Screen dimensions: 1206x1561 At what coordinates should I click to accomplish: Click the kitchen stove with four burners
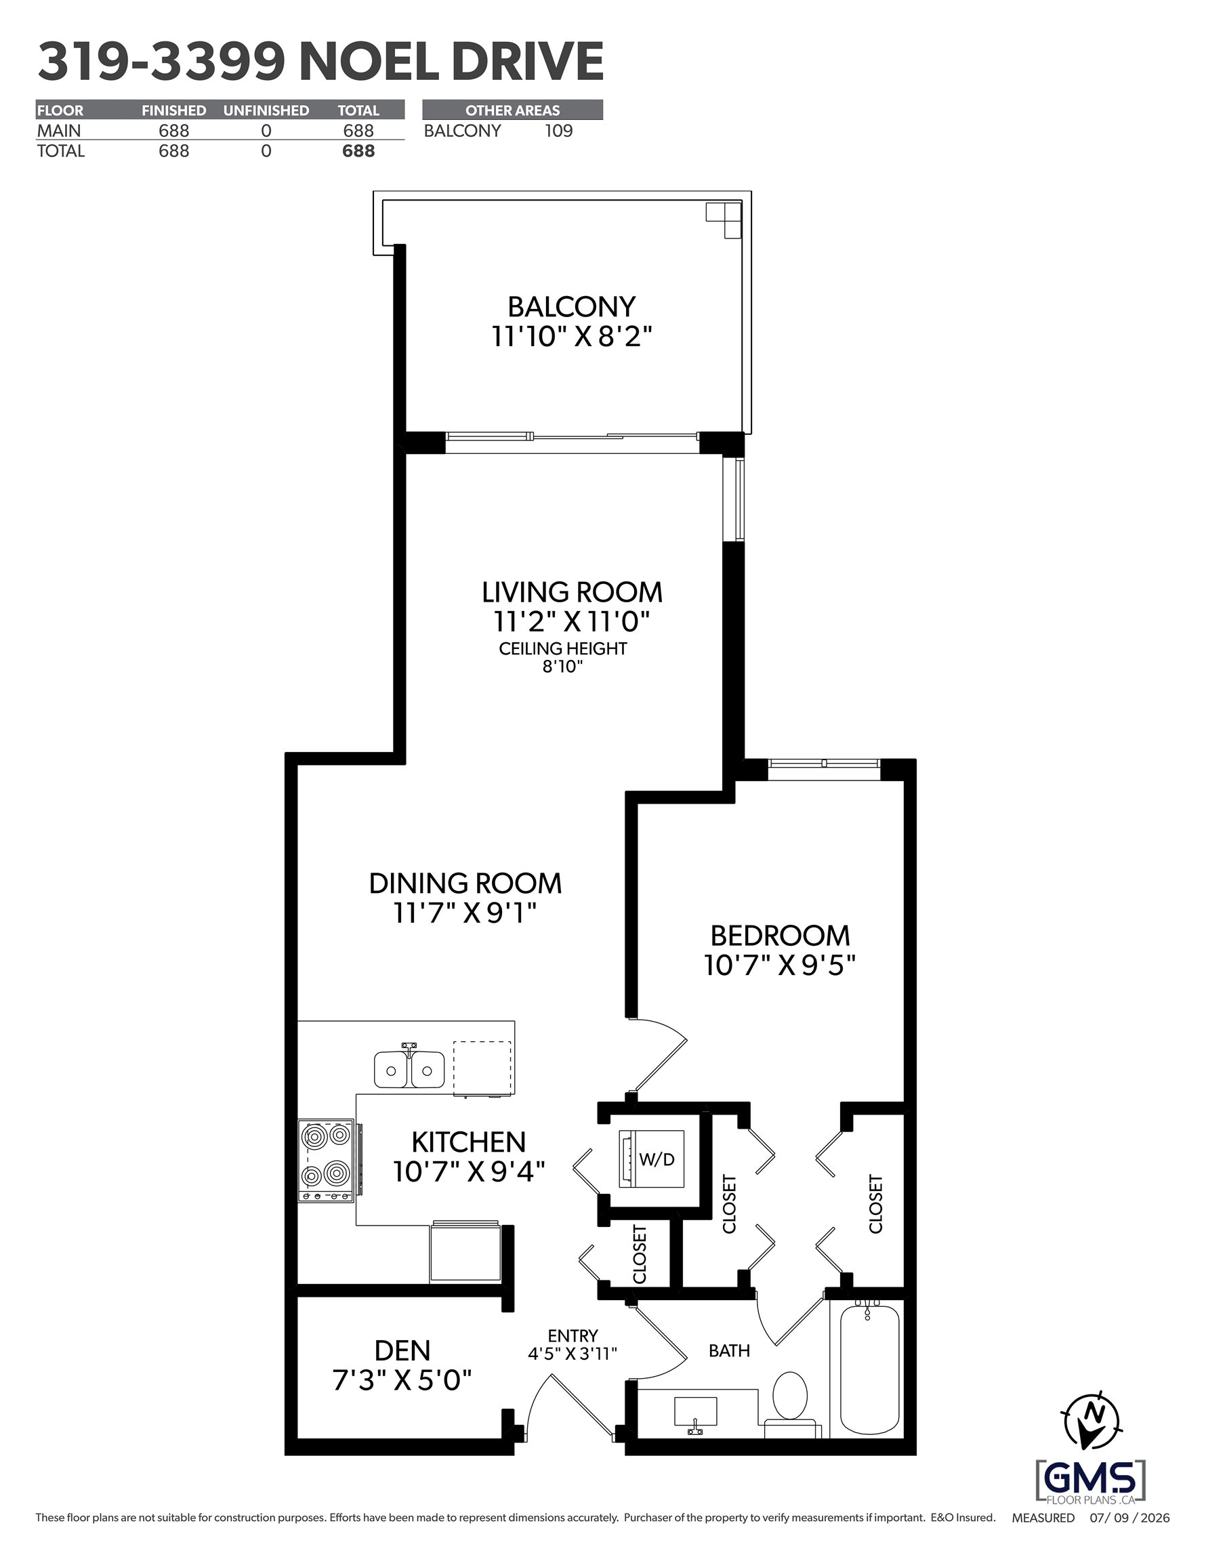pos(327,1160)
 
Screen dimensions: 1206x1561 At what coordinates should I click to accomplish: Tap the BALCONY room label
pos(572,307)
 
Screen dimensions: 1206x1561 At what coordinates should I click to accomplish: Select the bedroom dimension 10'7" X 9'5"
pos(779,965)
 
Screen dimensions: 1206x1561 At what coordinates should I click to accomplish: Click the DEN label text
pos(402,1350)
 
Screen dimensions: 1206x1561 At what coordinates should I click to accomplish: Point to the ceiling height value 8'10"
pos(562,667)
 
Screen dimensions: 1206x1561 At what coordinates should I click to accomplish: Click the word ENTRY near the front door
pos(573,1335)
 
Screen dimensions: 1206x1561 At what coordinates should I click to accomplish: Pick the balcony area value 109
pos(559,131)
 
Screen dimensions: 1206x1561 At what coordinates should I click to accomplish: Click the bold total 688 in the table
pos(358,151)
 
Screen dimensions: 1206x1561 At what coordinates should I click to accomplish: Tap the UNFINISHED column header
pos(266,110)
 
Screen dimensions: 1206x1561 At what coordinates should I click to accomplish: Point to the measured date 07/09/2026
pos(1129,1518)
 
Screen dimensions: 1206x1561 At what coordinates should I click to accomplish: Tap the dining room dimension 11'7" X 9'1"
pos(465,913)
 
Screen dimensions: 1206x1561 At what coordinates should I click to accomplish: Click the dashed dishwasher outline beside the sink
pos(482,1068)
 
